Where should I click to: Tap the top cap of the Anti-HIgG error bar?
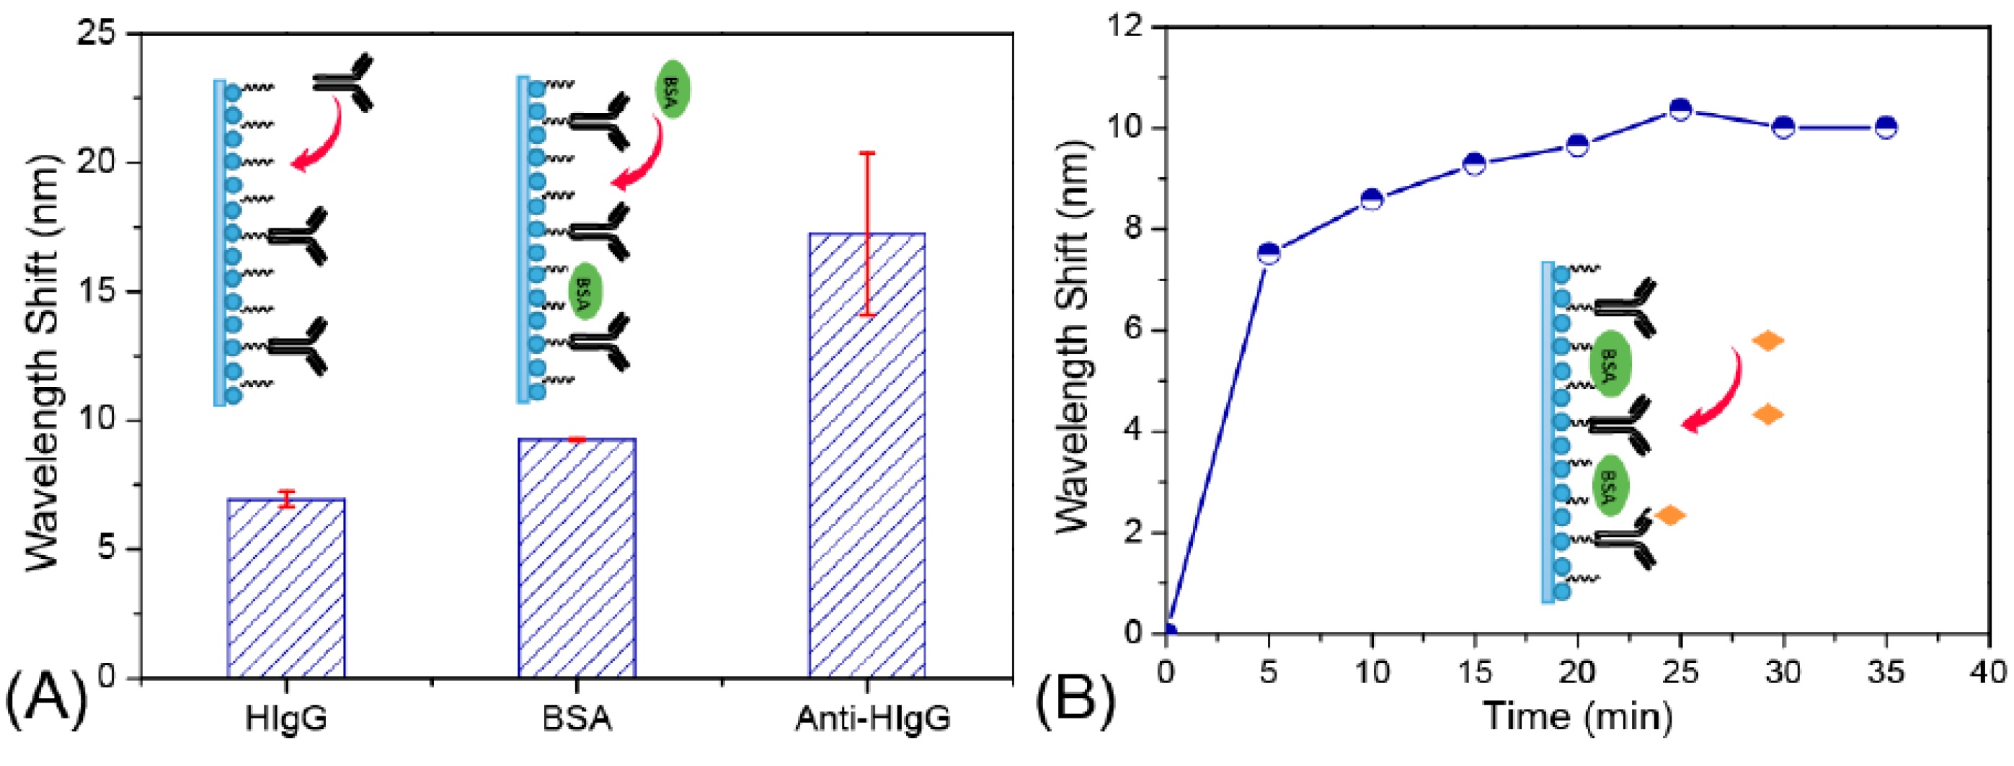click(867, 153)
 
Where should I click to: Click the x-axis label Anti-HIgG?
click(872, 718)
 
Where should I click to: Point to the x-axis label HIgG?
click(285, 718)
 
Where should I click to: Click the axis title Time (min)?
click(1578, 717)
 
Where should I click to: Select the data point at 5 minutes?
click(1269, 253)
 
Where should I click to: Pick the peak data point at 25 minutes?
click(1680, 110)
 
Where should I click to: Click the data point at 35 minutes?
click(1886, 128)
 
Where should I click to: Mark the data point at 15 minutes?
click(1475, 164)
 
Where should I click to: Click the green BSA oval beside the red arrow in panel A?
click(673, 89)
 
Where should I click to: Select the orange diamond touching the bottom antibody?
click(1670, 515)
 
